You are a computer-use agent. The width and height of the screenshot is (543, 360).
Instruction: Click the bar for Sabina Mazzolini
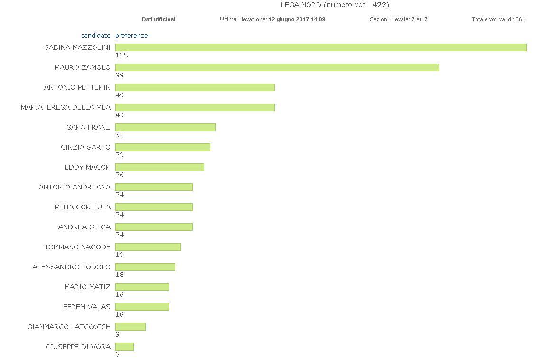tap(321, 47)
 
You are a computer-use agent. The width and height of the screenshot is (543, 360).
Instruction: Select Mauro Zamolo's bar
tap(277, 67)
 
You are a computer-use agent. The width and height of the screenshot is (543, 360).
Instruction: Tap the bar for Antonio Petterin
tap(195, 87)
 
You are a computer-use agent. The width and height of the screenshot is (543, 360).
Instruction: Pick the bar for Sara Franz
tap(165, 127)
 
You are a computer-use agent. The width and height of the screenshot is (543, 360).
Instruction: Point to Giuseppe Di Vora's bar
tap(124, 347)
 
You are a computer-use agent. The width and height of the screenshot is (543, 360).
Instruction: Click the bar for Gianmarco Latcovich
tap(130, 327)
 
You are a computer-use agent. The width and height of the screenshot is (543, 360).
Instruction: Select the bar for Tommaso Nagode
tap(148, 247)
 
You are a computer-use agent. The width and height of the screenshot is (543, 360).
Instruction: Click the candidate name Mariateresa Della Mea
tap(66, 107)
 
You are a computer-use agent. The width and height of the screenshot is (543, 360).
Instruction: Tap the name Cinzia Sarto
tap(85, 147)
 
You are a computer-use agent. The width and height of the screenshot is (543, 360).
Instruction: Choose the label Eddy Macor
tap(87, 167)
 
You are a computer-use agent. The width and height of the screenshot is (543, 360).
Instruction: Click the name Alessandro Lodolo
tap(71, 267)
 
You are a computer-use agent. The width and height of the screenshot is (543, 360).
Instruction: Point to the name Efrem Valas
tap(86, 307)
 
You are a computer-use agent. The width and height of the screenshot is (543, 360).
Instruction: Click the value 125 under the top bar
tap(122, 55)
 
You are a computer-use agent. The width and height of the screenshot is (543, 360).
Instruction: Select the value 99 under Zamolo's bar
tap(120, 75)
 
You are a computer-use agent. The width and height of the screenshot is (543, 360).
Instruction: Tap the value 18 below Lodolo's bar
tap(120, 275)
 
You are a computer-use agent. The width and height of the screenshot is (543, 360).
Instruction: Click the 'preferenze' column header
tap(131, 36)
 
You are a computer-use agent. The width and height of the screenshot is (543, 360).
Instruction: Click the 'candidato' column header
tap(95, 36)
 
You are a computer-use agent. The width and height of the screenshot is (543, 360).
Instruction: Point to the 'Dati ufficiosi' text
tap(159, 19)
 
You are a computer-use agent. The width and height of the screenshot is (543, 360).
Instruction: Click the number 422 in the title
tap(379, 5)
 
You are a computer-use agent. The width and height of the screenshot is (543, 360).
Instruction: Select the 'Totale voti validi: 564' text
tap(498, 19)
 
